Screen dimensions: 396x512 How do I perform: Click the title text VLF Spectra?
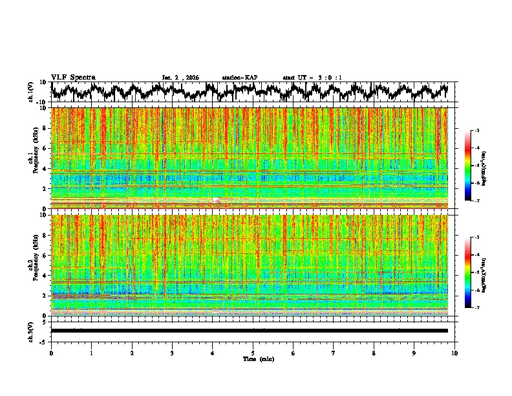73,77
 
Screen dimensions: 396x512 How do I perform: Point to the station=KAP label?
239,78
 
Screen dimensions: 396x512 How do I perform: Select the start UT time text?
312,78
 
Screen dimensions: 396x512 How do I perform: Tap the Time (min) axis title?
258,358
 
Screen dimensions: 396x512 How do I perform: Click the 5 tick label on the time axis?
253,353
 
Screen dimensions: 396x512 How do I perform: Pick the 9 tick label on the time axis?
414,353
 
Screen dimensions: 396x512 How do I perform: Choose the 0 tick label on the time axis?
51,353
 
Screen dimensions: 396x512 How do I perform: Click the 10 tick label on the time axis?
454,353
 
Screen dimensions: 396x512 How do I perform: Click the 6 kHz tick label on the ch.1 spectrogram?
47,148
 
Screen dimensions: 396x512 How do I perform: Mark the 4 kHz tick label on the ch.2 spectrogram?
47,275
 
